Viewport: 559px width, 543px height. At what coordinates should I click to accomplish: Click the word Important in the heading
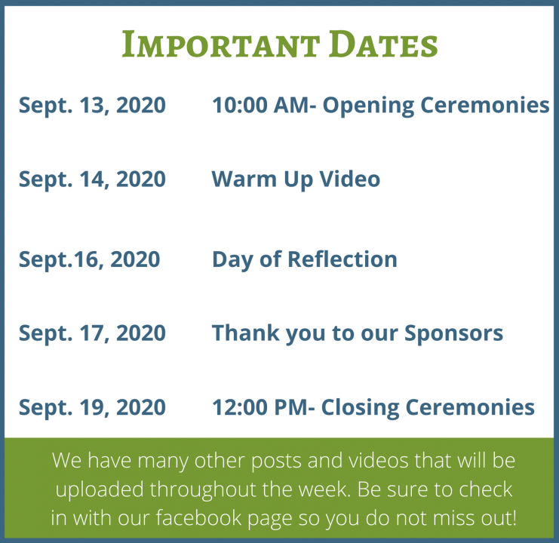click(x=220, y=44)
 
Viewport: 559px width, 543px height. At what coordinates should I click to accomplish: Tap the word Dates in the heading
click(x=383, y=44)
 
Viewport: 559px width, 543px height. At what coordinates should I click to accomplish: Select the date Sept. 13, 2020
click(x=92, y=106)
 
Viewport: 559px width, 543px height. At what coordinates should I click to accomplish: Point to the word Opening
click(x=368, y=106)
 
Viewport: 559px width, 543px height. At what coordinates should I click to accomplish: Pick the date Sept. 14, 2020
click(x=92, y=179)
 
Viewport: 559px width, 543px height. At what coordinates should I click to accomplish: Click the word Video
click(x=350, y=179)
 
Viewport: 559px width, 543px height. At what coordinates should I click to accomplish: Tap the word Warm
click(x=244, y=179)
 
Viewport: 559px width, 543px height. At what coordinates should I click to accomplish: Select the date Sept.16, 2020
click(x=89, y=259)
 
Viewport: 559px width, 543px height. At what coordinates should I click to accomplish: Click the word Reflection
click(x=342, y=259)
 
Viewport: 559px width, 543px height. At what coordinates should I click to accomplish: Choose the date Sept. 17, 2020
click(x=92, y=333)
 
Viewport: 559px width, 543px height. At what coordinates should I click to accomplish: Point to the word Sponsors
click(x=453, y=334)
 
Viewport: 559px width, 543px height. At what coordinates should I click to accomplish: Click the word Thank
click(x=246, y=333)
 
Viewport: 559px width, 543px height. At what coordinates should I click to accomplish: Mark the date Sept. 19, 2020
click(x=92, y=407)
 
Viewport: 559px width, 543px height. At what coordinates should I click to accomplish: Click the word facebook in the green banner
click(x=198, y=517)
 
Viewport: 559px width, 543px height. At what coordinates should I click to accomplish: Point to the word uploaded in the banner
click(x=100, y=489)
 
